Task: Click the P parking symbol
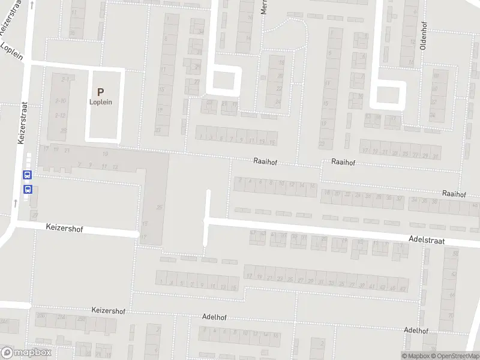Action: point(101,92)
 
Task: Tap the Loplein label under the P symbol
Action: point(101,102)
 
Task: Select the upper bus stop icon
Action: point(27,175)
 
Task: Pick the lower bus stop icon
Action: point(27,189)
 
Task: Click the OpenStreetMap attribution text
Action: point(454,356)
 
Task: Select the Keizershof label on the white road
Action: point(64,229)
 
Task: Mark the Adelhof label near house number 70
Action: point(416,331)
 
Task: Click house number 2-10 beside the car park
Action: point(60,101)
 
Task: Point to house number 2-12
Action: point(60,115)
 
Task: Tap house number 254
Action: point(61,317)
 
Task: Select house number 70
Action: point(451,315)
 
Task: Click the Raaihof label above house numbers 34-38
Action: point(454,194)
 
